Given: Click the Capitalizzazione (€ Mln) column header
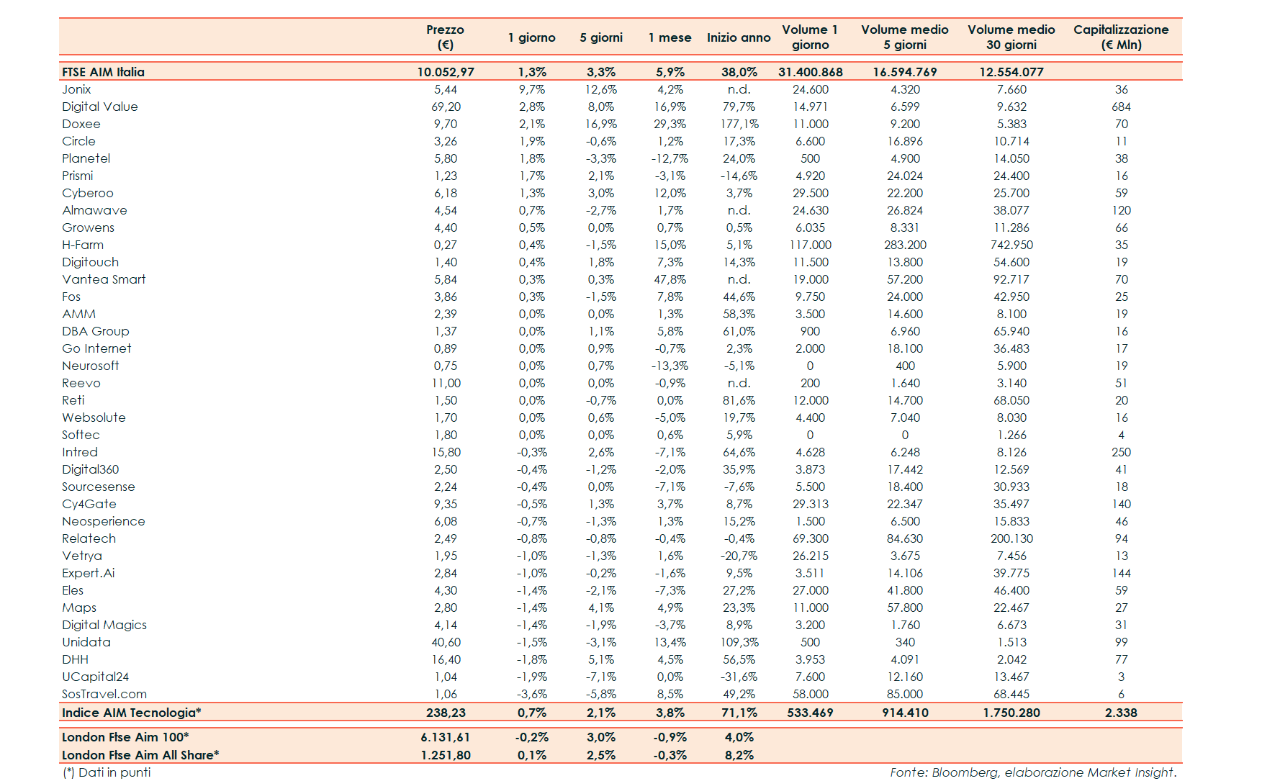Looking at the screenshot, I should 1120,37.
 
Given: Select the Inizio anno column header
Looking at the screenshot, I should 738,37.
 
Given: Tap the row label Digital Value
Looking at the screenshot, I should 99,107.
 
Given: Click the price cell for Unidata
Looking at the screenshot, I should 446,642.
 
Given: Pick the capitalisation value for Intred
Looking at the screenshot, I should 1121,452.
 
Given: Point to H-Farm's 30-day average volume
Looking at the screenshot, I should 1011,245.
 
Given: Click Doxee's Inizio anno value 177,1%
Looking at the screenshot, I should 739,124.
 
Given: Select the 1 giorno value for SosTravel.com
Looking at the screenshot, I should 531,694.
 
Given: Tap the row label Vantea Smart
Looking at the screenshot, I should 104,279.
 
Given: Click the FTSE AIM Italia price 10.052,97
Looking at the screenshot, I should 446,72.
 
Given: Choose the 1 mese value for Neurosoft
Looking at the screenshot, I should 670,366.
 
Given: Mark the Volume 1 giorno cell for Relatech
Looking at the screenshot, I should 810,538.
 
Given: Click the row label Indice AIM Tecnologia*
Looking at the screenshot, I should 131,713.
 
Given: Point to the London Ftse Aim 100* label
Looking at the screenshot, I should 125,737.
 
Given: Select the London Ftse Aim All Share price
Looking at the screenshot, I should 446,755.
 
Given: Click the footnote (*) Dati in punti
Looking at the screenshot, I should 107,772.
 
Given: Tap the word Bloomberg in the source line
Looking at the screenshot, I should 965,772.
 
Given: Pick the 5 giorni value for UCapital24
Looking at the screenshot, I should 600,677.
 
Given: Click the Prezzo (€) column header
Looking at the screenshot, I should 445,37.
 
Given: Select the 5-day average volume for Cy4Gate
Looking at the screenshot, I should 904,504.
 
